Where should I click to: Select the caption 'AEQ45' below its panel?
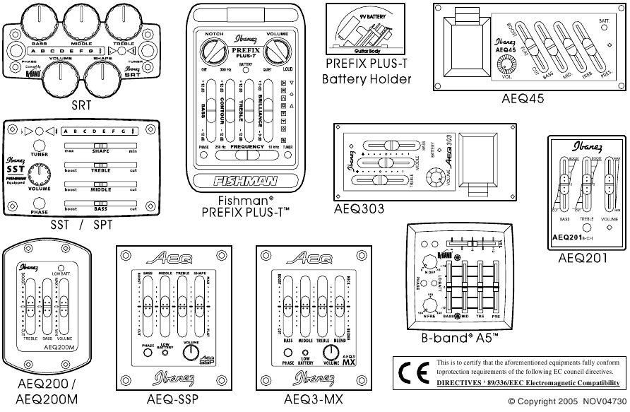click(x=523, y=100)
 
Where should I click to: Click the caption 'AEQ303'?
click(x=359, y=209)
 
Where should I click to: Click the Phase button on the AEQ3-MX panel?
click(x=288, y=353)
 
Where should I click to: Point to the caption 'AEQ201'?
click(x=582, y=259)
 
